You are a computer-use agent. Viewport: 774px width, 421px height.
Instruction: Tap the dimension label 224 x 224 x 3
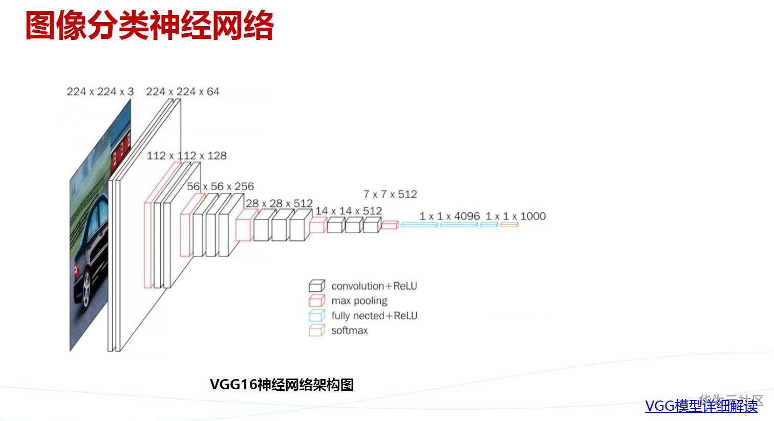coord(100,92)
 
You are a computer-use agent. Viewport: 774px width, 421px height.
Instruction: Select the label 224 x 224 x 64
coord(183,92)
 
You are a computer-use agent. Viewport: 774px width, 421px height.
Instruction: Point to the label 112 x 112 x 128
coord(186,156)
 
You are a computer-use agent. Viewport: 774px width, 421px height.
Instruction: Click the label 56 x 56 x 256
coord(220,186)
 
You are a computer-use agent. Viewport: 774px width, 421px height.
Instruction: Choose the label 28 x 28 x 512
coord(279,203)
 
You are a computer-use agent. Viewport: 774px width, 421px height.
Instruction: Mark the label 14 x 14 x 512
coord(348,211)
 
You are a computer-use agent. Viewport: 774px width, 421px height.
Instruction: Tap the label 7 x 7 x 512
coord(390,194)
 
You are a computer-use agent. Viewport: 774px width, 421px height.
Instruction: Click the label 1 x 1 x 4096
coord(449,216)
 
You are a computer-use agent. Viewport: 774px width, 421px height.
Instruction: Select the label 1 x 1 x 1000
coord(515,216)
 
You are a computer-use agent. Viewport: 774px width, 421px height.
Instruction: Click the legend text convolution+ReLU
coord(374,286)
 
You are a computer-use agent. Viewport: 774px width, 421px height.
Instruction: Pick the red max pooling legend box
coord(316,300)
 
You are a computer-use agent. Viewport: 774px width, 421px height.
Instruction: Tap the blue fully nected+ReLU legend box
coord(316,315)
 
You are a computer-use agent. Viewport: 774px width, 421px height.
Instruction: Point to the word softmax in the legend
coord(350,330)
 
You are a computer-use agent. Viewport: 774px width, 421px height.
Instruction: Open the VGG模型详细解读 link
coord(701,406)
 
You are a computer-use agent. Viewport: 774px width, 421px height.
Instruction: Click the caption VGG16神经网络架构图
coord(282,385)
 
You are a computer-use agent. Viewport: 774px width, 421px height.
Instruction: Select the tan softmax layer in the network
coord(509,225)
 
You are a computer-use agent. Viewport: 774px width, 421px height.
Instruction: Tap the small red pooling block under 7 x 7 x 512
coord(390,225)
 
